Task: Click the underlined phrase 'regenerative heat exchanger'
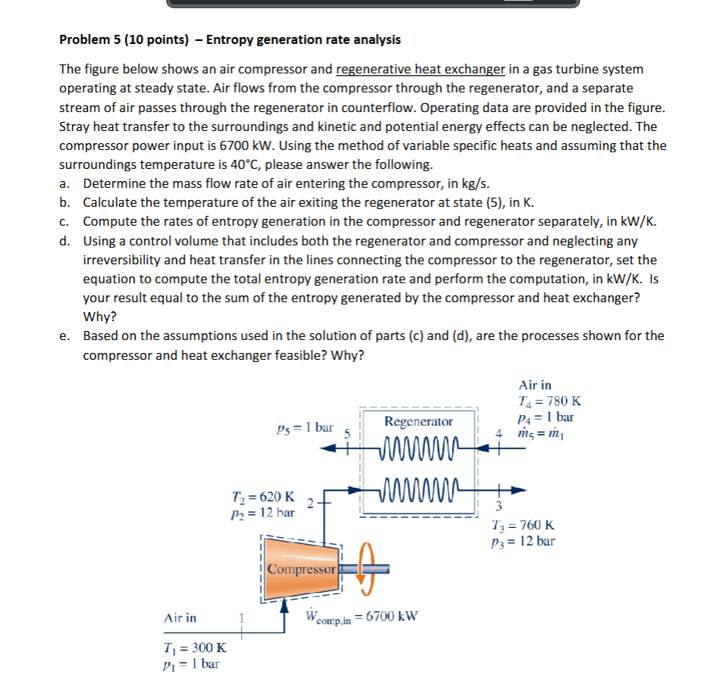(x=420, y=70)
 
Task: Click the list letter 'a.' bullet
(x=66, y=183)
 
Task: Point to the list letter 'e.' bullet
(x=66, y=336)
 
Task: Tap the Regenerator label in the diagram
(x=418, y=421)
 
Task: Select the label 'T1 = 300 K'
(x=195, y=648)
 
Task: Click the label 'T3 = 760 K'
(x=523, y=525)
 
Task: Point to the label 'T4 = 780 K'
(x=549, y=401)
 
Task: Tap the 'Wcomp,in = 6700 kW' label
(x=361, y=617)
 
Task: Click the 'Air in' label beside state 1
(x=180, y=618)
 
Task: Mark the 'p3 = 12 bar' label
(x=523, y=541)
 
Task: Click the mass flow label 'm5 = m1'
(x=540, y=432)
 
